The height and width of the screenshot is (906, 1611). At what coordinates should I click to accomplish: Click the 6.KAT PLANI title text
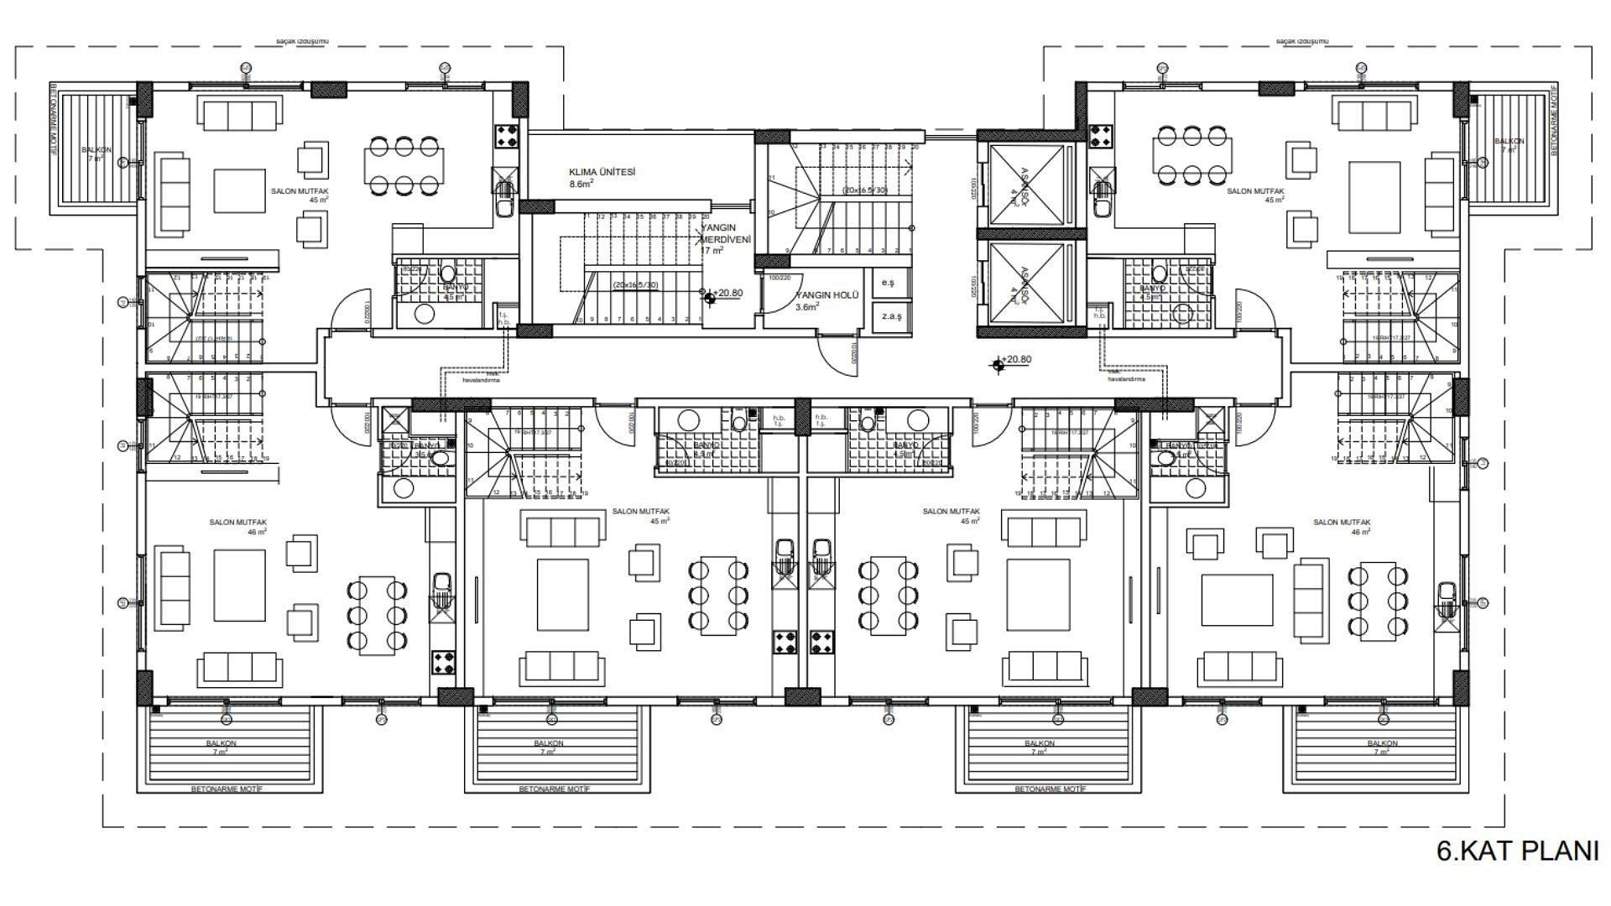click(x=1517, y=851)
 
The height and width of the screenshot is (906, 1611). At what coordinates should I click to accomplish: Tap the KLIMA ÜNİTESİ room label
click(x=602, y=172)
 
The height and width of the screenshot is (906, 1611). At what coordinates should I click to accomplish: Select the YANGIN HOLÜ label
click(x=827, y=295)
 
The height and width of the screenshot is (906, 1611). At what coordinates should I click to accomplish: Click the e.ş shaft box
click(x=888, y=283)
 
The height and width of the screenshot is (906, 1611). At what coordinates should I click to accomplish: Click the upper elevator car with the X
click(x=1026, y=185)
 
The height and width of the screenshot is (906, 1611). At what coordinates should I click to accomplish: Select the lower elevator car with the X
click(x=1026, y=283)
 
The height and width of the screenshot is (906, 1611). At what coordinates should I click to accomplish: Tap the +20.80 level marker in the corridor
click(x=998, y=363)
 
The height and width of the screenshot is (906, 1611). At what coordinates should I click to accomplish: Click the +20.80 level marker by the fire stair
click(x=710, y=294)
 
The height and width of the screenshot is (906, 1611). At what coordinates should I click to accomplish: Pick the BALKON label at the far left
click(x=96, y=151)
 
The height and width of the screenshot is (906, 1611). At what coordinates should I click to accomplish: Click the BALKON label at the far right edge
click(x=1509, y=142)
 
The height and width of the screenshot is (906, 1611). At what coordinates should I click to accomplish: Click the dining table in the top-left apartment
click(x=404, y=165)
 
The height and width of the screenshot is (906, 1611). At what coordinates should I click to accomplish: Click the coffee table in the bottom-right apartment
click(x=1232, y=601)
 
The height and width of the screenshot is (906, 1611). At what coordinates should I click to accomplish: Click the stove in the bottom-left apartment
click(x=443, y=663)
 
